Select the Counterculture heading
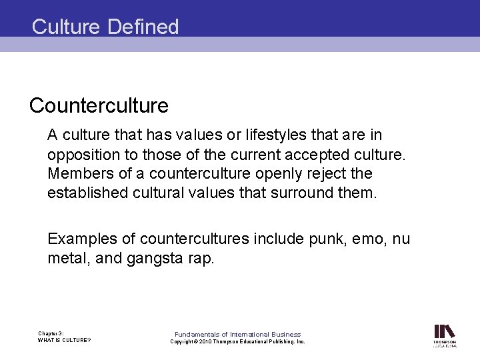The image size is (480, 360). [99, 105]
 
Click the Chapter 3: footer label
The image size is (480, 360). [51, 333]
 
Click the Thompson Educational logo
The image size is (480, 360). [445, 335]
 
